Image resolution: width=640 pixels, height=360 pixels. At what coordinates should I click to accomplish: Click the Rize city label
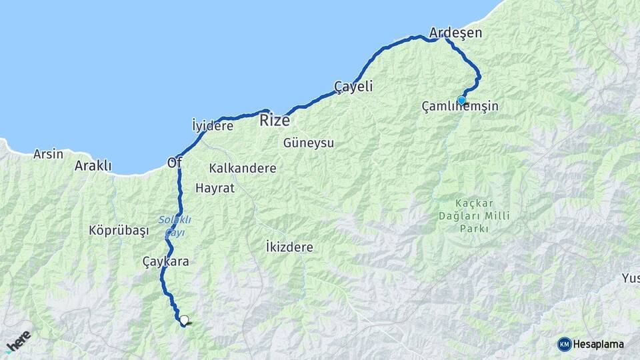[x=274, y=121]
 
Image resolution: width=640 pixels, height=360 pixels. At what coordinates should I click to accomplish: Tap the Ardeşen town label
[x=456, y=33]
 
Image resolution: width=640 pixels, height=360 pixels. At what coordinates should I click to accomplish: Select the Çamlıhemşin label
[x=460, y=106]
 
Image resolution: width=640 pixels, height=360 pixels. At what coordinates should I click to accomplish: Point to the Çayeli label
[x=353, y=87]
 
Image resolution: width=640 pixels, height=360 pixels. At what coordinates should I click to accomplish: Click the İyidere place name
[x=212, y=126]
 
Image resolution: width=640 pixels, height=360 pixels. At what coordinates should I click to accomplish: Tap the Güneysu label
[x=308, y=143]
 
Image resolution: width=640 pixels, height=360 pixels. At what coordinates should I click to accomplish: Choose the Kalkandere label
[x=243, y=168]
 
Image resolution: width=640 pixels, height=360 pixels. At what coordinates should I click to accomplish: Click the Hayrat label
[x=215, y=188]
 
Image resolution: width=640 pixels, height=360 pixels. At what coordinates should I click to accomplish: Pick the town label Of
[x=175, y=162]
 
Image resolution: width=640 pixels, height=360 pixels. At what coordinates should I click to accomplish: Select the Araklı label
[x=93, y=166]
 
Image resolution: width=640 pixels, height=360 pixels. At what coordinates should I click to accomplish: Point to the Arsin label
[x=49, y=154]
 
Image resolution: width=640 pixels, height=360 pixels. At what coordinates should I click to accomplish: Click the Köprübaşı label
[x=119, y=230]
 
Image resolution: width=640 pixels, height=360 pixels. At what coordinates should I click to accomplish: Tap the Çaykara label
[x=166, y=261]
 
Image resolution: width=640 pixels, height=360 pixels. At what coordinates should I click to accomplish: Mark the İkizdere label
[x=289, y=247]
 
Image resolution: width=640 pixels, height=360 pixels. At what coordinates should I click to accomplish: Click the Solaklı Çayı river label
[x=175, y=225]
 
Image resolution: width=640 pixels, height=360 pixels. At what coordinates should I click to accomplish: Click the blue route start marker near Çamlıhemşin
[x=461, y=100]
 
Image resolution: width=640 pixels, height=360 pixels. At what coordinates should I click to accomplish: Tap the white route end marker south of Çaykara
[x=184, y=320]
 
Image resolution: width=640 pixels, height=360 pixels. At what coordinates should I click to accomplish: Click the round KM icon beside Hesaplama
[x=565, y=344]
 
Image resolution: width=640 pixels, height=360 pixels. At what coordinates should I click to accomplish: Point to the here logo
[x=18, y=342]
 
